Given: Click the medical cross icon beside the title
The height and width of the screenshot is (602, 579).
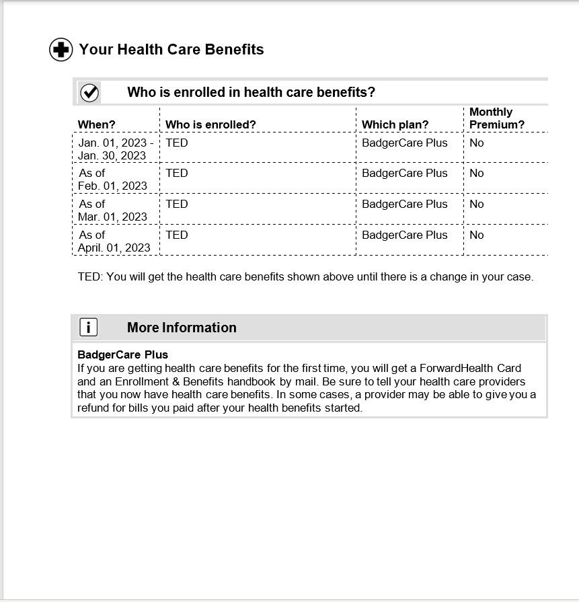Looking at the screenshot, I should tap(61, 50).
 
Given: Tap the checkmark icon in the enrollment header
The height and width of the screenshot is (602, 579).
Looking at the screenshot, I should tap(89, 93).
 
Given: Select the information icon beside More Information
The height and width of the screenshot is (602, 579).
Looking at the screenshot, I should tap(89, 328).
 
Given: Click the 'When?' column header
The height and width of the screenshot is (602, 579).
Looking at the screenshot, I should tap(96, 124).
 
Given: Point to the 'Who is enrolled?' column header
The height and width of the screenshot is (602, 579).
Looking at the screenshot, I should tap(210, 124).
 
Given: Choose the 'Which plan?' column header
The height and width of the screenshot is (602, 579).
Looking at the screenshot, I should tap(395, 124).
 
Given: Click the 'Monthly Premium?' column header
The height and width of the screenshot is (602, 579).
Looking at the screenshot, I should tap(496, 118).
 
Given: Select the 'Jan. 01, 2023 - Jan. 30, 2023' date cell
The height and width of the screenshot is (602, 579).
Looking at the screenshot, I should tap(115, 149).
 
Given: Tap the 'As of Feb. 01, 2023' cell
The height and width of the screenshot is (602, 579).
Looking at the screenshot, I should tap(113, 179).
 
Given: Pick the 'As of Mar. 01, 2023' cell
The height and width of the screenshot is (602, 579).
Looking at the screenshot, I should tap(113, 210).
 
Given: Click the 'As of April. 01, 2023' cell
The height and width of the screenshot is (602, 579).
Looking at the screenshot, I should tap(114, 241).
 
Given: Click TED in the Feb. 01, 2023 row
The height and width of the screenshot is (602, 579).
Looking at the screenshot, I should tap(176, 173).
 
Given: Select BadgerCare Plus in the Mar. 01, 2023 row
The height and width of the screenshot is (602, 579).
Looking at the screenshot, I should tap(404, 204).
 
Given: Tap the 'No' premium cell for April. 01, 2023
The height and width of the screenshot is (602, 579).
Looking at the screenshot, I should tap(476, 235).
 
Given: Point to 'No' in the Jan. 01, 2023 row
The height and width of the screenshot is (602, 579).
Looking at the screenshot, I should tap(476, 143).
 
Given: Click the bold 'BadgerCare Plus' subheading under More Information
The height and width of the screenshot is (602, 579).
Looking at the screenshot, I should tap(122, 354).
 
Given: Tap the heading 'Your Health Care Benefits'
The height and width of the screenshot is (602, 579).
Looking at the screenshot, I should tap(171, 50).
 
